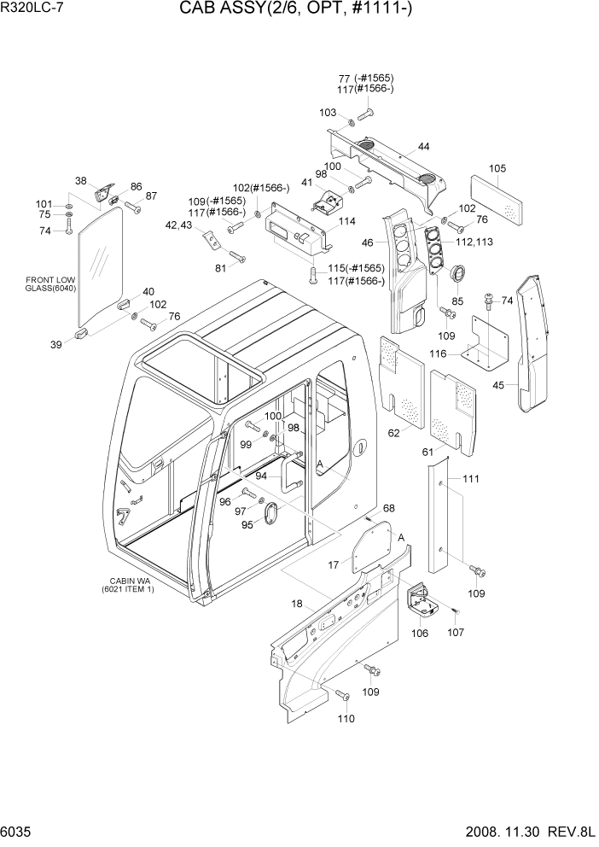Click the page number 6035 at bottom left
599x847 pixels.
click(18, 833)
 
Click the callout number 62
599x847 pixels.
click(394, 433)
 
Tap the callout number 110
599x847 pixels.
click(346, 719)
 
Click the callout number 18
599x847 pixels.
click(296, 604)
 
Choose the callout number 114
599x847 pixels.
click(346, 221)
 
